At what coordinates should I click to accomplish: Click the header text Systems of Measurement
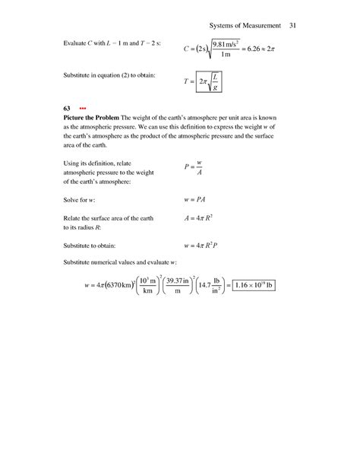pos(244,28)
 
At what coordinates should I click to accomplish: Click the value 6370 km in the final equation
pos(116,285)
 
